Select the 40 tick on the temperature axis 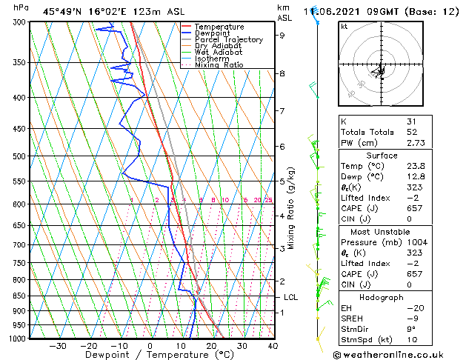click(273, 345)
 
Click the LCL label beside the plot click(291, 297)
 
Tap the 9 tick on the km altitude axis click(282, 35)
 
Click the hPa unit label click(21, 8)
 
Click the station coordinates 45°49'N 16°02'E click(90, 11)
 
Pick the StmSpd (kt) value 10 click(411, 340)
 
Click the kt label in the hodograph click(344, 26)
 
